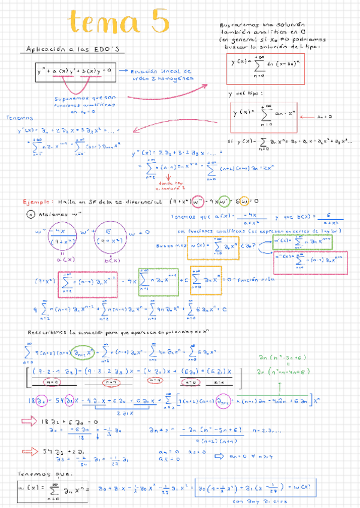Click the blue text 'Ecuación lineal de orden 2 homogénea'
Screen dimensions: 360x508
[x=163, y=74]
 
